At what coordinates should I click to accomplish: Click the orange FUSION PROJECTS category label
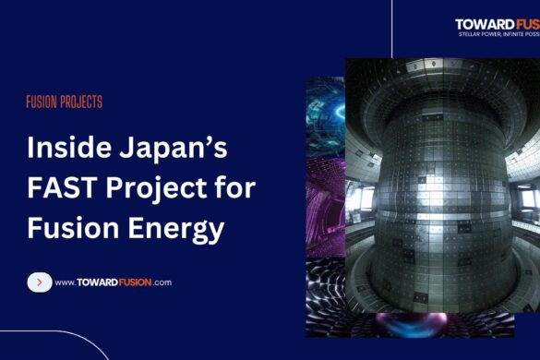[x=64, y=102]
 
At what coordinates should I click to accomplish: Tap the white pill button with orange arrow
[x=39, y=282]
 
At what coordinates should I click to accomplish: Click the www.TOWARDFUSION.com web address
[x=113, y=282]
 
